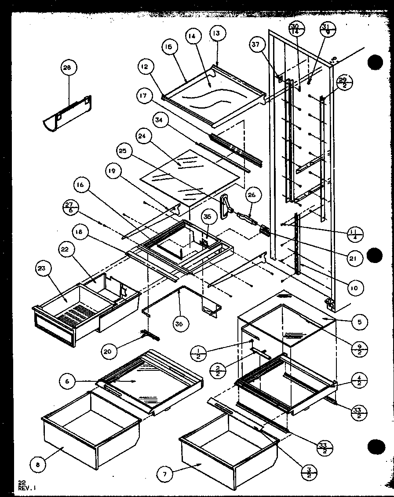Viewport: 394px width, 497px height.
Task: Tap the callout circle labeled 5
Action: (x=359, y=322)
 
